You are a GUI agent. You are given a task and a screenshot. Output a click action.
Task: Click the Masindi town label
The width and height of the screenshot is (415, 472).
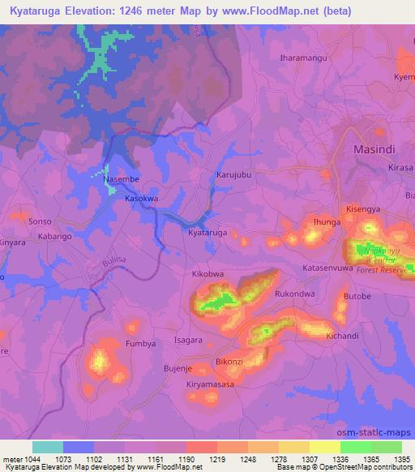pos(374,150)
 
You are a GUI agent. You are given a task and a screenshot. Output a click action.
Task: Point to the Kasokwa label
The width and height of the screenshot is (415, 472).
pos(141,198)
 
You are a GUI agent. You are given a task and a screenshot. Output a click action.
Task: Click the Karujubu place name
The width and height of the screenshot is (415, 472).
pos(235,175)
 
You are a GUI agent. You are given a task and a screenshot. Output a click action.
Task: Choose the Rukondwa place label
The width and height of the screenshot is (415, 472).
pos(295,294)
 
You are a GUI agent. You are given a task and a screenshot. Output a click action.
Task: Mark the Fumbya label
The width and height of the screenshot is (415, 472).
pos(140,344)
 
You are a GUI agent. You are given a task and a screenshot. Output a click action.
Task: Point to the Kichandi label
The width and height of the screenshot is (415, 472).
pos(341,336)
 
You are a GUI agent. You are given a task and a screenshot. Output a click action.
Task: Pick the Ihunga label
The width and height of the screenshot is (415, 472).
pos(327,221)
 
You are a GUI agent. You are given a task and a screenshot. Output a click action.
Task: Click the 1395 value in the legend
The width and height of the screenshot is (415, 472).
pos(400,459)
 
